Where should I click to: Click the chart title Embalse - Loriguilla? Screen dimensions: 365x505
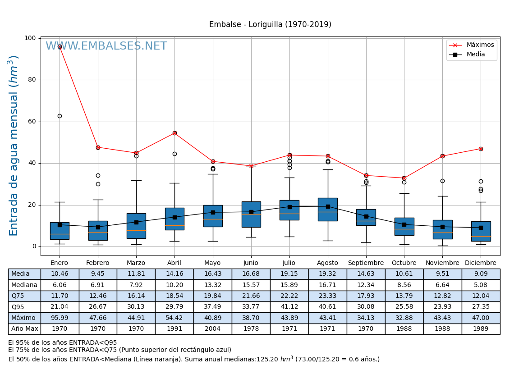click(270, 25)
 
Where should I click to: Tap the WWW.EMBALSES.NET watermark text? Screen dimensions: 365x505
click(106, 46)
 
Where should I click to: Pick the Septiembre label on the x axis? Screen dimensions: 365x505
click(366, 263)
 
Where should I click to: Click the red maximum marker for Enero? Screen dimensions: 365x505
click(60, 46)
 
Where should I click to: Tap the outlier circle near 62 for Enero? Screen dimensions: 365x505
click(60, 116)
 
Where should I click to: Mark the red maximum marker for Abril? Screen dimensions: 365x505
click(174, 133)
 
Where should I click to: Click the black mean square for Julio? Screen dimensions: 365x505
click(289, 207)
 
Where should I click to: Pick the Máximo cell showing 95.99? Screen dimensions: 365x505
click(60, 318)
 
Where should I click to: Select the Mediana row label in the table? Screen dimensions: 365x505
click(24, 285)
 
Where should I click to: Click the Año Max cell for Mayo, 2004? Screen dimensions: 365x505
click(213, 329)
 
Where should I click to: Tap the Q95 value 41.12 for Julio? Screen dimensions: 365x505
click(289, 307)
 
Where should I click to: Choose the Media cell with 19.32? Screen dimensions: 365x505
click(328, 274)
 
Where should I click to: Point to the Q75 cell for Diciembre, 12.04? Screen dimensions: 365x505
click(481, 296)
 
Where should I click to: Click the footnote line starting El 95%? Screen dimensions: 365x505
click(63, 343)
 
